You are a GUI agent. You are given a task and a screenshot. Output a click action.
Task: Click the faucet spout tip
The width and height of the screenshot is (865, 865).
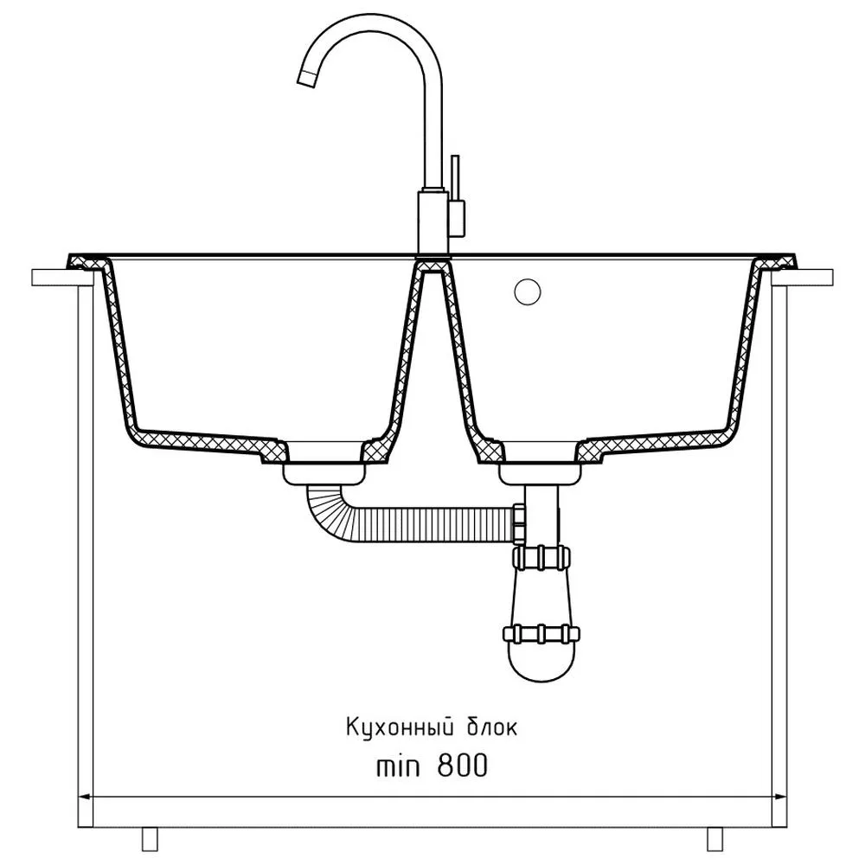(306, 79)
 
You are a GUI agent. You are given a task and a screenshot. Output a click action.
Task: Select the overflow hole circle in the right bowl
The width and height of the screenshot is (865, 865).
(528, 292)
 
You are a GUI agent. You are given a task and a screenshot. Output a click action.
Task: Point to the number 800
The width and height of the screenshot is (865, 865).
(462, 766)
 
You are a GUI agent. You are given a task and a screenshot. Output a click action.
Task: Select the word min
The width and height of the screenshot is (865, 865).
(397, 766)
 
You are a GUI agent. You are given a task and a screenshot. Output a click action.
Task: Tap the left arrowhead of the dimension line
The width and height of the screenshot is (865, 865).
(86, 797)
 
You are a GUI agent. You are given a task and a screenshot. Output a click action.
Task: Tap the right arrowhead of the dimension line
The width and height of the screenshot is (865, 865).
(779, 797)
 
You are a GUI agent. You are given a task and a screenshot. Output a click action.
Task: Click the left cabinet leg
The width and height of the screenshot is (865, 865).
(150, 839)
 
